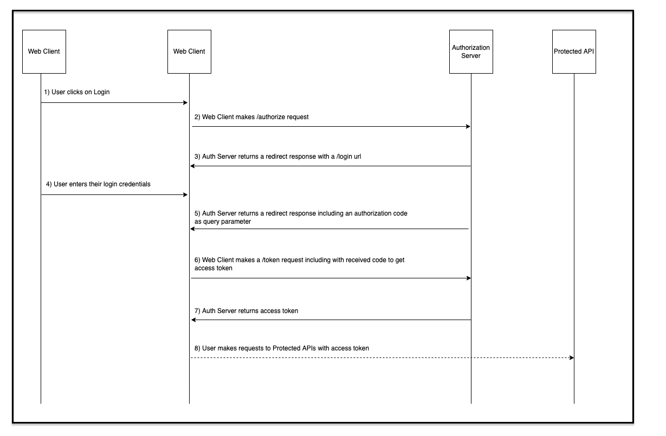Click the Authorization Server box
(x=471, y=51)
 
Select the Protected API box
(x=574, y=51)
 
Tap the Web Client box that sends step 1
(x=44, y=51)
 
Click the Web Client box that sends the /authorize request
(x=189, y=51)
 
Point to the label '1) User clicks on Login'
(x=77, y=92)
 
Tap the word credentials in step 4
(x=132, y=184)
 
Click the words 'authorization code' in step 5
(x=380, y=213)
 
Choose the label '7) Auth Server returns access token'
(x=246, y=311)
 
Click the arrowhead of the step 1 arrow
(x=185, y=102)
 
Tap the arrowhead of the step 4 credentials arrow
(x=185, y=194)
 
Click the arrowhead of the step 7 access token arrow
(x=193, y=320)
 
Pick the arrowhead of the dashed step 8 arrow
(x=571, y=357)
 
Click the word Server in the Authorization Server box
(x=470, y=56)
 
